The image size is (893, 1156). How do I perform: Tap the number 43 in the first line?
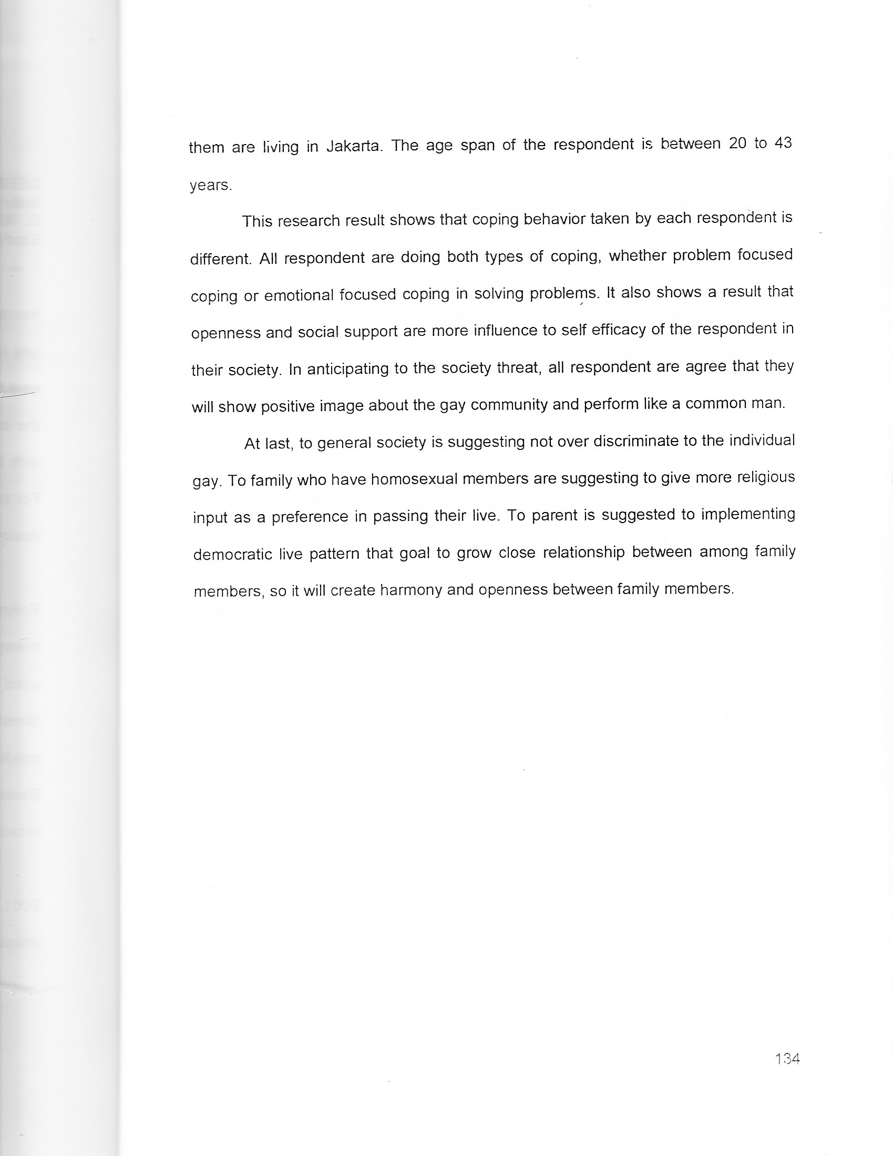pyautogui.click(x=783, y=144)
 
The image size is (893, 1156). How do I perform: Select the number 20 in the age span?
pyautogui.click(x=737, y=144)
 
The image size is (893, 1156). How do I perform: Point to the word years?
pyautogui.click(x=211, y=185)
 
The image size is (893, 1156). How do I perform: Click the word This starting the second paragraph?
pyautogui.click(x=257, y=221)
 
